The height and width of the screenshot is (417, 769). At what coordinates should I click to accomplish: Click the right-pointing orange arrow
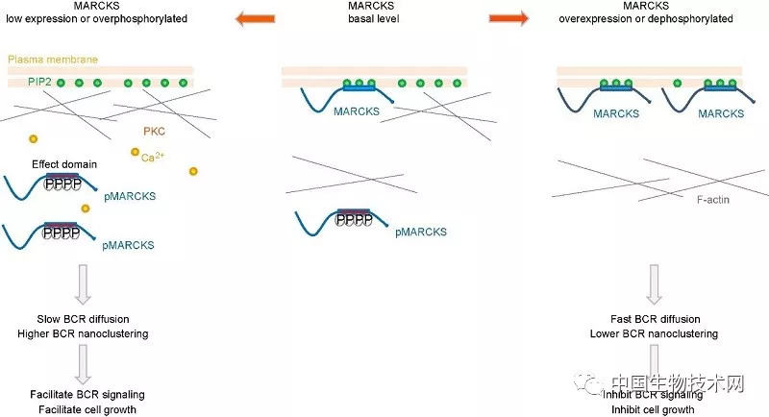click(x=509, y=17)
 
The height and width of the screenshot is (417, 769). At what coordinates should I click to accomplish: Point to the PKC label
click(x=154, y=132)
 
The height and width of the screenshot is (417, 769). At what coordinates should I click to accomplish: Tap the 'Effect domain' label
click(x=64, y=163)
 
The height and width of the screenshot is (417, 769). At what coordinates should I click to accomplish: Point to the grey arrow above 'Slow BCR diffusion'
click(x=83, y=284)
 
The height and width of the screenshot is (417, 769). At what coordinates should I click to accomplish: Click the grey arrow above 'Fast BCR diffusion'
click(x=656, y=284)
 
